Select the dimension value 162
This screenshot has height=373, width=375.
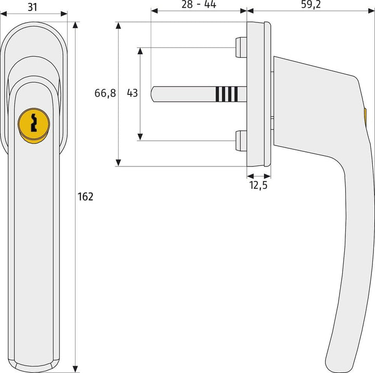tap(86, 197)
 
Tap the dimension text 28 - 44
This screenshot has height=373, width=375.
tap(198, 5)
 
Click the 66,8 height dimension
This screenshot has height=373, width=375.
tap(105, 93)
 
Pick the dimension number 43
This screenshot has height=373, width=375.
tap(132, 93)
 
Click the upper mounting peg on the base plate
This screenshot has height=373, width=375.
tap(241, 47)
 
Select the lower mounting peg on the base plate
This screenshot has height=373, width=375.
tap(241, 141)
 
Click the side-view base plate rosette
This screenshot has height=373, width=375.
tap(259, 94)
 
